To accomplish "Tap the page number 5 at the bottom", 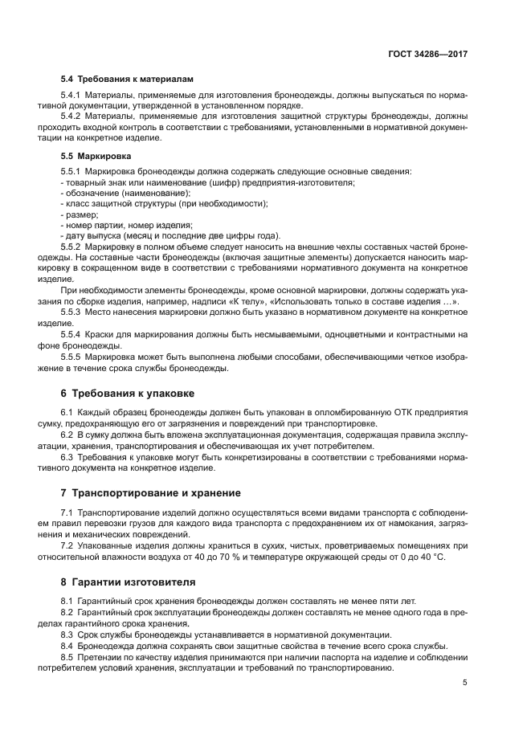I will pos(464,683).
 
